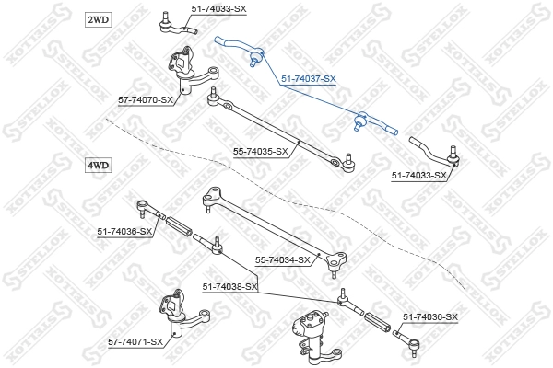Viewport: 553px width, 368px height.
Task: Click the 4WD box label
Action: [98, 166]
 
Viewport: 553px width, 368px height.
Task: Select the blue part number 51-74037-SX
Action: [309, 79]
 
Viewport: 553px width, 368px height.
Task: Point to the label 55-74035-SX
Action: [261, 152]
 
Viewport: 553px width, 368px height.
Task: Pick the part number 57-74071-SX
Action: [135, 342]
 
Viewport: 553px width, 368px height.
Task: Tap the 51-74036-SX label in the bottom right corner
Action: [430, 317]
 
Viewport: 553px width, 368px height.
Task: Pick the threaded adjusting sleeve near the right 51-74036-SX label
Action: [377, 321]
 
